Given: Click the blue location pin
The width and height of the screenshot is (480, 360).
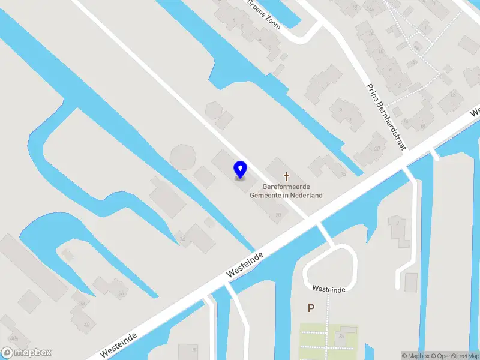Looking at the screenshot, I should pos(241,169).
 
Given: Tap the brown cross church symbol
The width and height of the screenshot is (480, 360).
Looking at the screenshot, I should pos(287,176).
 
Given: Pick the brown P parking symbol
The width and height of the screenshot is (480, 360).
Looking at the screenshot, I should pos(311,308).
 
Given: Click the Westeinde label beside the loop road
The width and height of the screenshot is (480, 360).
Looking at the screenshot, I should pos(328,290).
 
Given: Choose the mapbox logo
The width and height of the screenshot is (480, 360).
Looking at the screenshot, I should pos(26,353).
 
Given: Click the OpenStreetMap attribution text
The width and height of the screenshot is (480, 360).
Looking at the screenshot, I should pos(454,356).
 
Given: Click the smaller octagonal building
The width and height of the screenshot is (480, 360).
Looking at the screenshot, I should pos(214,111).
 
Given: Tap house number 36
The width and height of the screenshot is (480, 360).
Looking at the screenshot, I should pos(121,293).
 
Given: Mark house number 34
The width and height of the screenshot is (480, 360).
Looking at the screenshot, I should pos(182,239).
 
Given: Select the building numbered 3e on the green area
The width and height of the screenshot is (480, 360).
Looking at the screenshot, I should pos(341,336).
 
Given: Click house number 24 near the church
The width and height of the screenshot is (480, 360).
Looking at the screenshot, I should pos(343,175).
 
